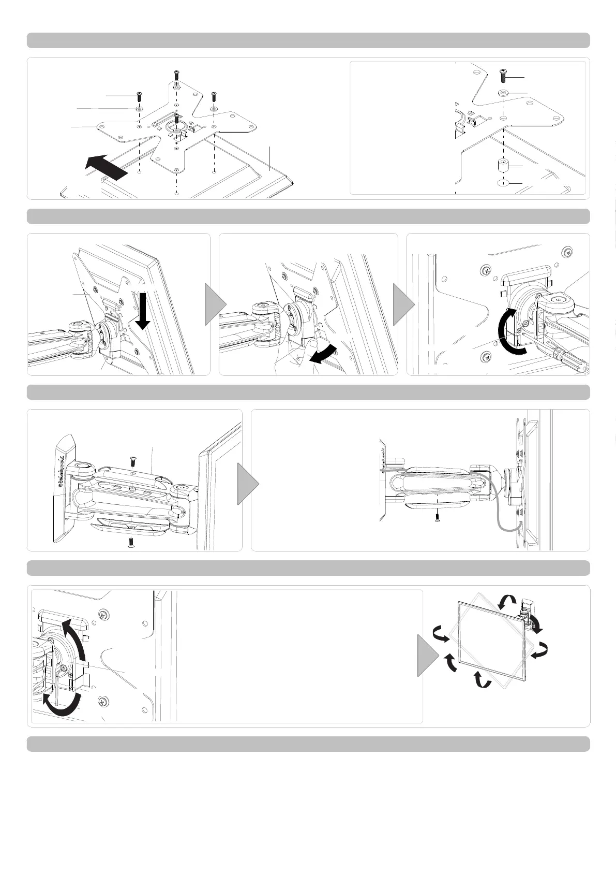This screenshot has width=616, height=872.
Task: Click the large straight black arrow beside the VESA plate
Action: (106, 167)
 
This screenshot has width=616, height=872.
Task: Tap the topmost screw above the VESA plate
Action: (176, 74)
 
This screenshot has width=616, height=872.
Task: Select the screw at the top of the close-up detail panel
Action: (503, 76)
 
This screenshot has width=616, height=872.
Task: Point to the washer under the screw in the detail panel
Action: (503, 93)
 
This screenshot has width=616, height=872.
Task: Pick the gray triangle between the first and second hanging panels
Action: (214, 304)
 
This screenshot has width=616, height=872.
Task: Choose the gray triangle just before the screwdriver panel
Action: (402, 304)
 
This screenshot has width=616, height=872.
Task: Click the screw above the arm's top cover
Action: (132, 459)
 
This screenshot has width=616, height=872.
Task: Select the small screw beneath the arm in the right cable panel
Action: (438, 519)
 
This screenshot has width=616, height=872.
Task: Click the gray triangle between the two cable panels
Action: (247, 484)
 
